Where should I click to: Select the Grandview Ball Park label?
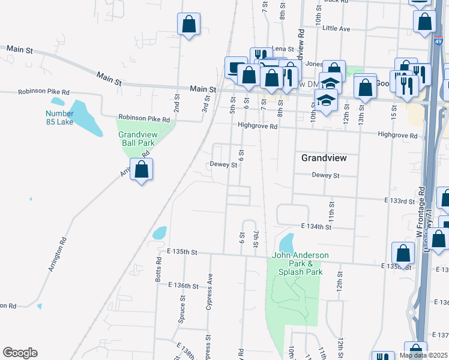coord(137,139)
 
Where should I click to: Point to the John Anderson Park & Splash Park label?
coord(301,263)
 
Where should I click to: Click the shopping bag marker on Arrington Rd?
coord(141,170)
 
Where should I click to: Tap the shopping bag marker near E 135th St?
coord(403,254)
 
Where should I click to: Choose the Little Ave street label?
coord(336,28)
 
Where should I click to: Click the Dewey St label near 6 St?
coord(224,164)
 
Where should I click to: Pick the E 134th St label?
coord(316,226)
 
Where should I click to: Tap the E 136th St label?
coord(184,286)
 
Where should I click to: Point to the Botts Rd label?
coord(159,270)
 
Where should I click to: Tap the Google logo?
coord(20,353)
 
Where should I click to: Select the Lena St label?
coord(283,49)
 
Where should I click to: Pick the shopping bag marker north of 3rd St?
coord(188,25)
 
